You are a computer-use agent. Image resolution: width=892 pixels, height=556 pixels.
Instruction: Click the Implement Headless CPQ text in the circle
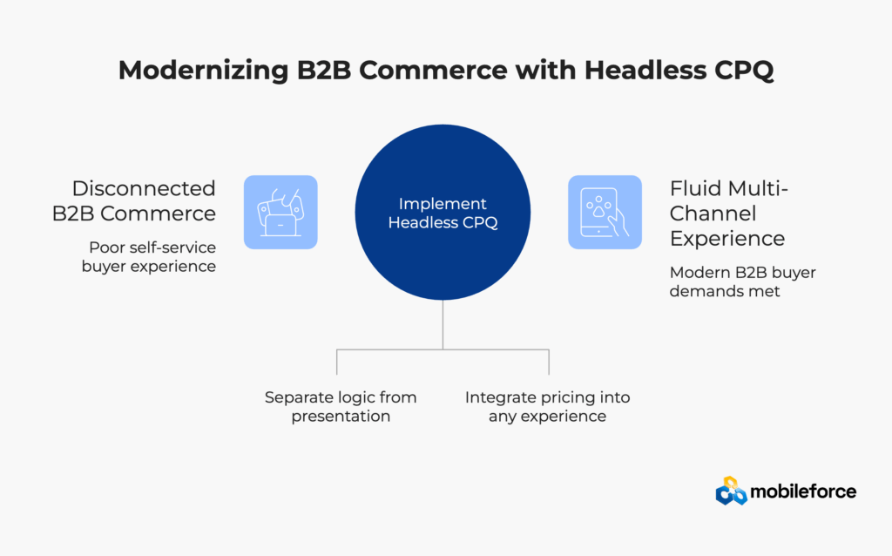(x=443, y=213)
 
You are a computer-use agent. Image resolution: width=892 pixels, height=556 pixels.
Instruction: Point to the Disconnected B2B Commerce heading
(x=144, y=200)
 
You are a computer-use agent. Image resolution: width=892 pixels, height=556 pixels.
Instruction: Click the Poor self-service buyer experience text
(x=148, y=257)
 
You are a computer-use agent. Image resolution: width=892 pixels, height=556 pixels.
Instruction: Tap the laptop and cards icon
(x=280, y=212)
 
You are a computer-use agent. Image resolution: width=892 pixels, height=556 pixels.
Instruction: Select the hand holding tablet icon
(x=605, y=212)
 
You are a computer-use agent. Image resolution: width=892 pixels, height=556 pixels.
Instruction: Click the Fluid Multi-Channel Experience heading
(x=727, y=213)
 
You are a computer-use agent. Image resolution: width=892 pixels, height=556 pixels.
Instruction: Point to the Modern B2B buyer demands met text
(x=743, y=281)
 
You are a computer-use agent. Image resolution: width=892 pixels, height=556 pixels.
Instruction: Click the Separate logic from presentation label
(x=341, y=406)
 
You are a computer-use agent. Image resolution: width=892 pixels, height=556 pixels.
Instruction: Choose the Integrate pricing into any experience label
(x=547, y=406)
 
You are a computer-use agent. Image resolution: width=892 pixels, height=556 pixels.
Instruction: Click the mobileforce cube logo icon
(x=732, y=492)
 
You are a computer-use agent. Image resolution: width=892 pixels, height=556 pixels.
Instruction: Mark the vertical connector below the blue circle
(x=443, y=324)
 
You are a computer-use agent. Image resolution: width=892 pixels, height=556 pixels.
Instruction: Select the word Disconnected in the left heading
(x=144, y=188)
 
